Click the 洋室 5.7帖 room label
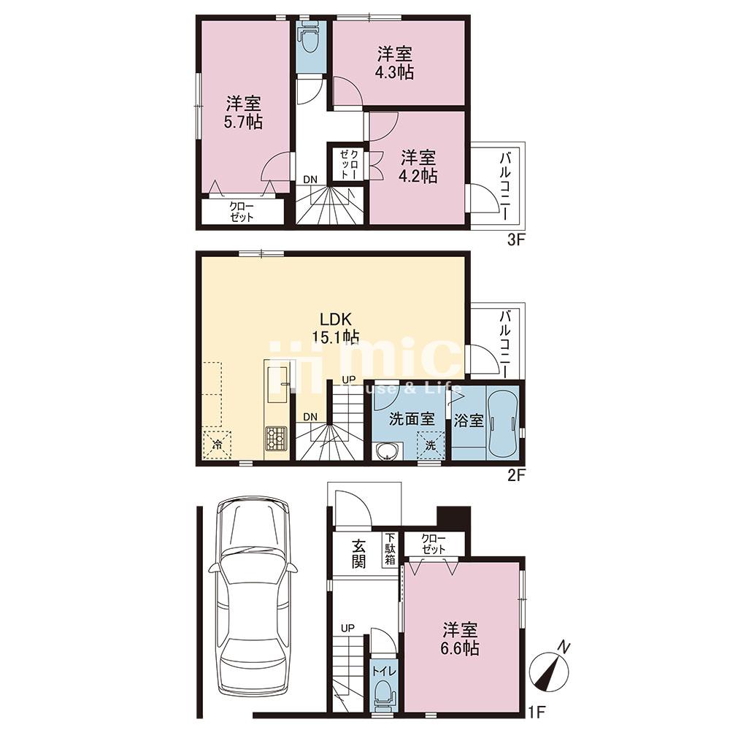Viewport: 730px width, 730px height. pyautogui.click(x=244, y=112)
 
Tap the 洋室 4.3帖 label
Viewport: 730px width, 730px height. pyautogui.click(x=395, y=64)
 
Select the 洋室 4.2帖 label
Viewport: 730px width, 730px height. pyautogui.click(x=418, y=166)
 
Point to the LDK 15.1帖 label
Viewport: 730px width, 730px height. pyautogui.click(x=335, y=328)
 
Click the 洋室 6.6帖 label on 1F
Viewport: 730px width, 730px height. pyautogui.click(x=460, y=639)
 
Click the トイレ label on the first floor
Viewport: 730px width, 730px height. pyautogui.click(x=384, y=672)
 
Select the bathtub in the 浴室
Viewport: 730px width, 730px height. pyautogui.click(x=502, y=422)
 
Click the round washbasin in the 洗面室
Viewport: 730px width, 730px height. pyautogui.click(x=386, y=452)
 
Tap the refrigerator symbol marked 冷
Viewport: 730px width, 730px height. pyautogui.click(x=217, y=445)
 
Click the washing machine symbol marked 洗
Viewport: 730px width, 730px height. pyautogui.click(x=430, y=445)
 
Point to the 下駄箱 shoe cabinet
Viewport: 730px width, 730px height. pyautogui.click(x=390, y=550)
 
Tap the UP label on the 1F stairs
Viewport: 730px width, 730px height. pyautogui.click(x=347, y=629)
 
